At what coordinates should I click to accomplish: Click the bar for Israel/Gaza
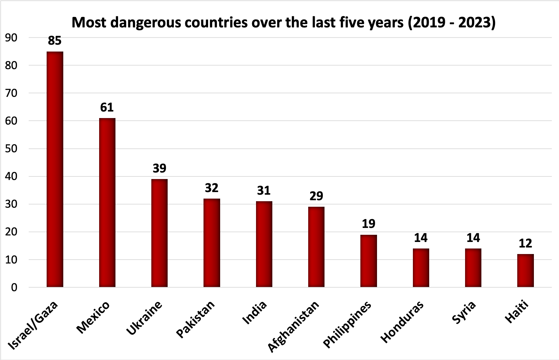click(55, 169)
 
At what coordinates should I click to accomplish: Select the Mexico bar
click(107, 202)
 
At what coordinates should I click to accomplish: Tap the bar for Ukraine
click(159, 233)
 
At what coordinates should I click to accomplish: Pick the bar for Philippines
click(369, 261)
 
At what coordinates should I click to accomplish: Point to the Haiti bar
click(525, 270)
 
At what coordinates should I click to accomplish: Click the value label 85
click(55, 41)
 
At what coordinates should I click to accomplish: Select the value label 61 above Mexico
click(107, 107)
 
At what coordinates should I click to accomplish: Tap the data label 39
click(159, 168)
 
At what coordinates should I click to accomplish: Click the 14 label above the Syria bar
click(473, 238)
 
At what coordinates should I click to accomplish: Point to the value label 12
click(525, 243)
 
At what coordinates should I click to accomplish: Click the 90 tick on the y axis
click(11, 38)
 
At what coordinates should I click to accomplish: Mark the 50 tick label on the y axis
click(11, 149)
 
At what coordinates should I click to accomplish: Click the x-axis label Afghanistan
click(293, 326)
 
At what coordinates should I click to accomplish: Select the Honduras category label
click(402, 322)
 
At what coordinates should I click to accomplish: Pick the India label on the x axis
click(255, 313)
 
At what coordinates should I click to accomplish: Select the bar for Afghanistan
click(316, 247)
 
